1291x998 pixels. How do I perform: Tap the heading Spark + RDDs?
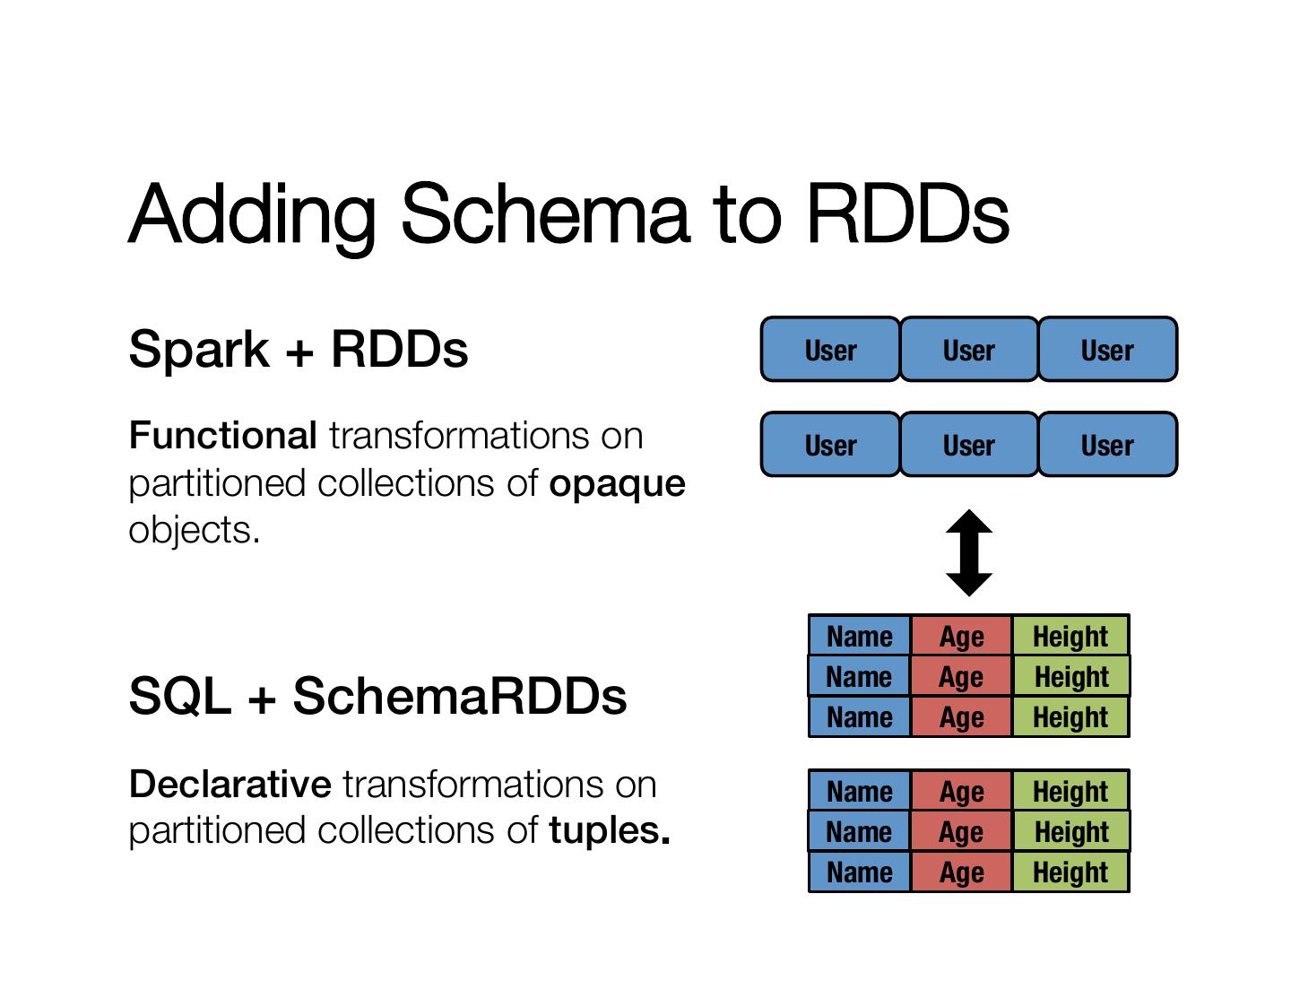click(x=298, y=349)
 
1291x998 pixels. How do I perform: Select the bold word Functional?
click(x=222, y=436)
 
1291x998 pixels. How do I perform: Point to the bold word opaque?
click(x=617, y=483)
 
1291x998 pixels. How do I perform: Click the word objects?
click(x=194, y=530)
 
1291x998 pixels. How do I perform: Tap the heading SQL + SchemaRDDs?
click(x=377, y=696)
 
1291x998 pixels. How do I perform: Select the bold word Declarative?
click(x=230, y=785)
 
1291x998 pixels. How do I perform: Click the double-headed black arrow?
click(x=969, y=552)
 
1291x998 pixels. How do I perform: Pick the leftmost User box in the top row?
click(x=830, y=350)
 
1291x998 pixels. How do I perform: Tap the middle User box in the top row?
click(x=969, y=350)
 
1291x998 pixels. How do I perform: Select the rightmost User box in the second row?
click(x=1107, y=445)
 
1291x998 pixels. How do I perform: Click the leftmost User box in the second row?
click(x=830, y=445)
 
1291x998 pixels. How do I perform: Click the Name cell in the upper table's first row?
click(x=859, y=636)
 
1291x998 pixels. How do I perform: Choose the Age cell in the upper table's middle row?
click(x=961, y=676)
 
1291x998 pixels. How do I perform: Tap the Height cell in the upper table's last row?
click(x=1070, y=717)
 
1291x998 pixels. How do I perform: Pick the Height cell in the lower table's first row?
click(x=1070, y=791)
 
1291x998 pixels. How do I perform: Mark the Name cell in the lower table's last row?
click(x=859, y=872)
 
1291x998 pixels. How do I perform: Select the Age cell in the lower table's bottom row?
click(x=961, y=872)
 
